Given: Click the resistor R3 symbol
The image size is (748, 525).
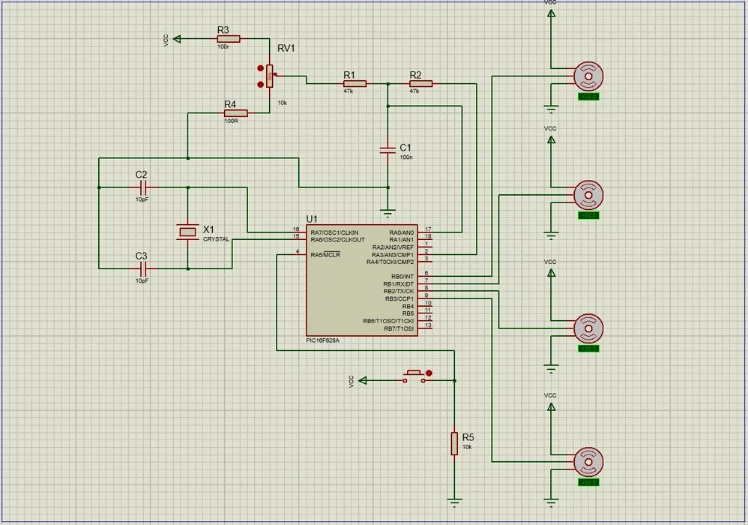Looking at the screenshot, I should point(229,38).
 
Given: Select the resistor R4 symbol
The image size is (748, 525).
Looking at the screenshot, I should point(235,113).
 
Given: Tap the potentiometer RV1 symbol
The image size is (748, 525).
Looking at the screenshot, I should point(269,75).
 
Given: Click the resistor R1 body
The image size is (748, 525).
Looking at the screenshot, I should point(355,83).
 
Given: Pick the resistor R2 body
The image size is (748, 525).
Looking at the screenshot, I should point(420,83).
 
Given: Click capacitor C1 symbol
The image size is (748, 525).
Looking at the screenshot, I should point(387,150).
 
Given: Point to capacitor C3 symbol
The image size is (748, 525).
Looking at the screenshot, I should point(142,268).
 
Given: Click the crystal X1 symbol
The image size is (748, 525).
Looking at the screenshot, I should point(187,231).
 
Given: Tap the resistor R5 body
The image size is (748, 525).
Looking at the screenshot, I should point(454,443).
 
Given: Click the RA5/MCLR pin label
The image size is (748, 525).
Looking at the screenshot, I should point(325,254).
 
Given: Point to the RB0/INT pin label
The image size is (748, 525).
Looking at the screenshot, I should point(399,277).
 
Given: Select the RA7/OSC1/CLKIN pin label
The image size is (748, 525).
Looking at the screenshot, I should point(335,232).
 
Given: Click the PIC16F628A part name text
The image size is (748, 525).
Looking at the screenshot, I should point(323,340).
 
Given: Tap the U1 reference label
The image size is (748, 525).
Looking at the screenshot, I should point(312,218).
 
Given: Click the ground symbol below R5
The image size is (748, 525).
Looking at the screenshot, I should point(454,502).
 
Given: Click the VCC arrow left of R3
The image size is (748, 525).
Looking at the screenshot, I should point(178,38).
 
